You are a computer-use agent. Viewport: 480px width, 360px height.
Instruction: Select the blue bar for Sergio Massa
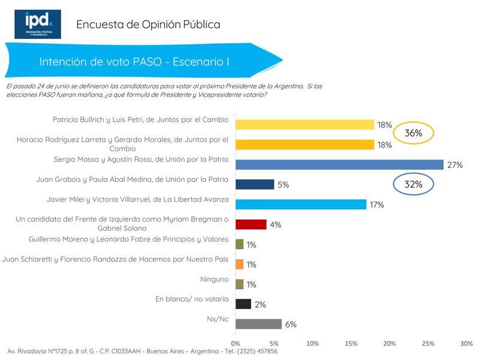click(x=339, y=164)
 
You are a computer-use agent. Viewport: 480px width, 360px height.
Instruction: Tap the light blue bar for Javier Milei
click(x=300, y=204)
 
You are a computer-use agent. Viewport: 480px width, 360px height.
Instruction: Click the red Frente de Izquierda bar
click(x=250, y=224)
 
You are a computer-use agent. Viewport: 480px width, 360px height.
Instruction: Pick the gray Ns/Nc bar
click(x=258, y=324)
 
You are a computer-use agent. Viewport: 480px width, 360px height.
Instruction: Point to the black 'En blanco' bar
click(x=243, y=304)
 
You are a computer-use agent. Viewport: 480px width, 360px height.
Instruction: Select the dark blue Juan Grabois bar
click(x=254, y=184)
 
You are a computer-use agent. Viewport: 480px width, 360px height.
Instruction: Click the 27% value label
click(x=454, y=165)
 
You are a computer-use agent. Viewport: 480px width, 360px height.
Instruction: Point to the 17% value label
click(x=377, y=205)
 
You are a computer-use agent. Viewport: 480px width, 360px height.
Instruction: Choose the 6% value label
click(x=290, y=325)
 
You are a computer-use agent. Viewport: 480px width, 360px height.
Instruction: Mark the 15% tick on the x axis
click(x=351, y=344)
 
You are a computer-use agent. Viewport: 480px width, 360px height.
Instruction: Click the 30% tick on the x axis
click(x=466, y=344)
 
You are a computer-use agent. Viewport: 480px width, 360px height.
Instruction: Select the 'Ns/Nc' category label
click(x=218, y=319)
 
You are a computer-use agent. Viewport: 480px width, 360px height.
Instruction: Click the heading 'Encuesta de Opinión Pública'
click(x=148, y=25)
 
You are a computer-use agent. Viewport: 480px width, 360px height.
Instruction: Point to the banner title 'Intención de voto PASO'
click(x=135, y=62)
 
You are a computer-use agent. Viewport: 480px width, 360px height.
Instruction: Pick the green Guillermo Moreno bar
click(x=239, y=244)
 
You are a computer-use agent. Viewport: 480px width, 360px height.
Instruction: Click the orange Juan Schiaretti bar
click(x=239, y=264)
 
